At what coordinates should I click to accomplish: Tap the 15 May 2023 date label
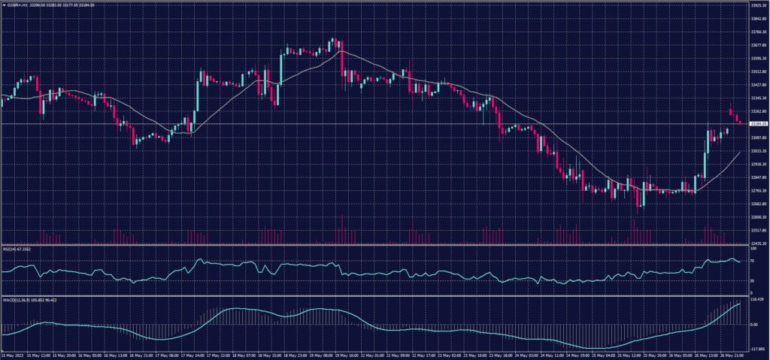pos(14,354)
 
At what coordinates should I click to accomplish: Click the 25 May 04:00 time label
pos(599,354)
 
